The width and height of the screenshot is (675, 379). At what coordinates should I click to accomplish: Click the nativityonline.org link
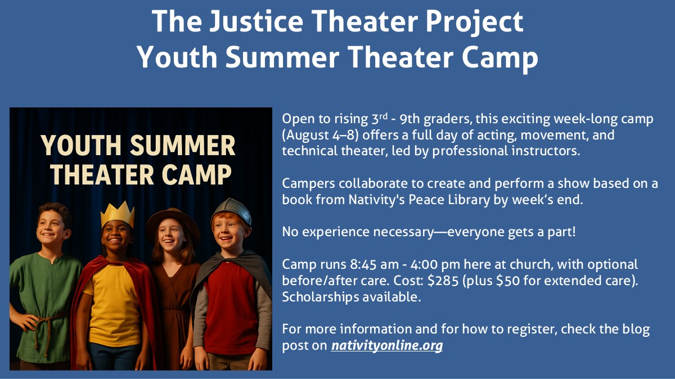click(387, 345)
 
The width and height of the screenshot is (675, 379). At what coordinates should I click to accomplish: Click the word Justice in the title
click(256, 21)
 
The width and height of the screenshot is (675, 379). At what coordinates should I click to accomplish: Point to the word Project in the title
click(474, 22)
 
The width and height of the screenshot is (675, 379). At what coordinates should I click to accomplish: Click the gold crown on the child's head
click(117, 214)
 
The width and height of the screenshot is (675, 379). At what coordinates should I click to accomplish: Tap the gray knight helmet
click(231, 210)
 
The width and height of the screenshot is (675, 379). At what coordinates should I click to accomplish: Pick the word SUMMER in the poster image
click(183, 146)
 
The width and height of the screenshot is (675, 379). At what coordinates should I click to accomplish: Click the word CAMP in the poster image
click(196, 175)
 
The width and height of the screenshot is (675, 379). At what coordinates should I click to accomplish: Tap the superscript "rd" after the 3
click(383, 116)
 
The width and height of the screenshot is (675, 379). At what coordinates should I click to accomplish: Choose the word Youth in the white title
click(177, 57)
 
